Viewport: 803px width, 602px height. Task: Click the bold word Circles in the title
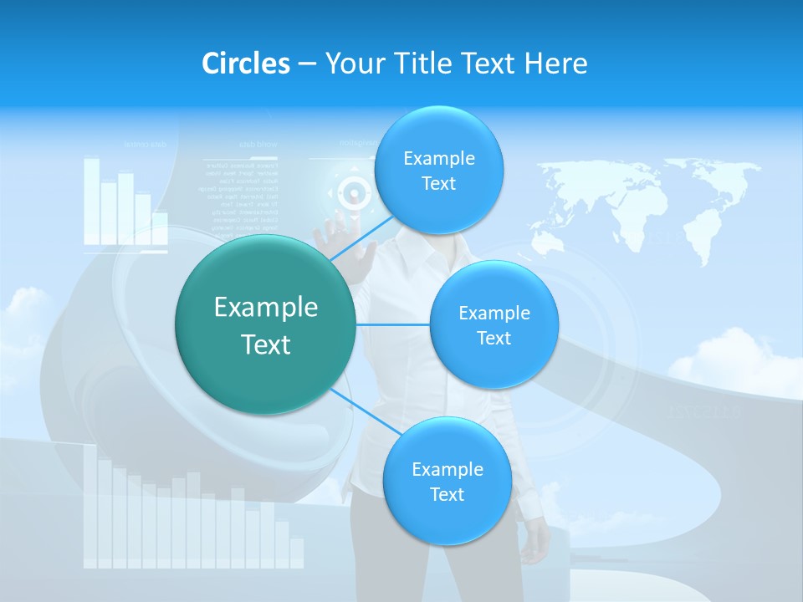(x=245, y=64)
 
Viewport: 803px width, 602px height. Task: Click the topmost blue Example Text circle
(x=438, y=170)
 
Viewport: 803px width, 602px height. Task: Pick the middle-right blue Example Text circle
(x=494, y=324)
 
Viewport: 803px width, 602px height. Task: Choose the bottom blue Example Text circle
(x=447, y=481)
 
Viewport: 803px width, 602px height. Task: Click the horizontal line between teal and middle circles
(x=393, y=324)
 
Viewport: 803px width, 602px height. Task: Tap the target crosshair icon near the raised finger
(x=355, y=194)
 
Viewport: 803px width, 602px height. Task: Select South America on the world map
(x=578, y=231)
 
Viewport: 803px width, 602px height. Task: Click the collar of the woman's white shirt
(x=410, y=249)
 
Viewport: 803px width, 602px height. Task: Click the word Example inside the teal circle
(x=266, y=307)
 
